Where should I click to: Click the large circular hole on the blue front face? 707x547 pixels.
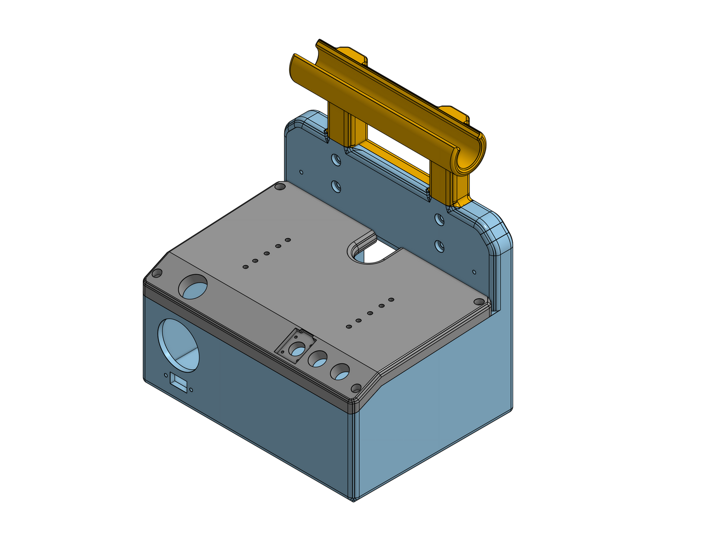178,345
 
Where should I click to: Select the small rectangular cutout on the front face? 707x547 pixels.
179,382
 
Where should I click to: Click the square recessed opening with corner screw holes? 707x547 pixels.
295,347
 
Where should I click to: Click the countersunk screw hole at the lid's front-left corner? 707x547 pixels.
157,273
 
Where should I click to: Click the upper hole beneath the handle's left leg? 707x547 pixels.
336,159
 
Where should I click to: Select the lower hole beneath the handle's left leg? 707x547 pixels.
336,186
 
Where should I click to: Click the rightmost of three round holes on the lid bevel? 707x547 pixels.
340,372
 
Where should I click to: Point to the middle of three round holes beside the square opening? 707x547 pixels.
318,359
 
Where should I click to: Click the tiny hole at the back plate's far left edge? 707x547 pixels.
301,172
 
